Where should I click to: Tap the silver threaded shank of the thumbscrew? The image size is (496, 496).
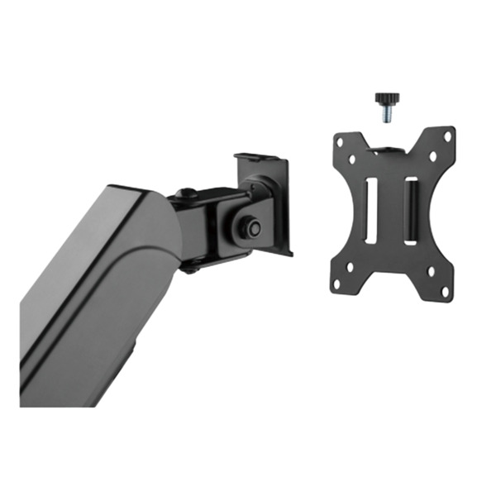(x=384, y=115)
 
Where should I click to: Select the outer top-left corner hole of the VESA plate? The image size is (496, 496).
(x=339, y=141)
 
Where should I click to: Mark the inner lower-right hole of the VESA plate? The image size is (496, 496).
(x=430, y=274)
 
